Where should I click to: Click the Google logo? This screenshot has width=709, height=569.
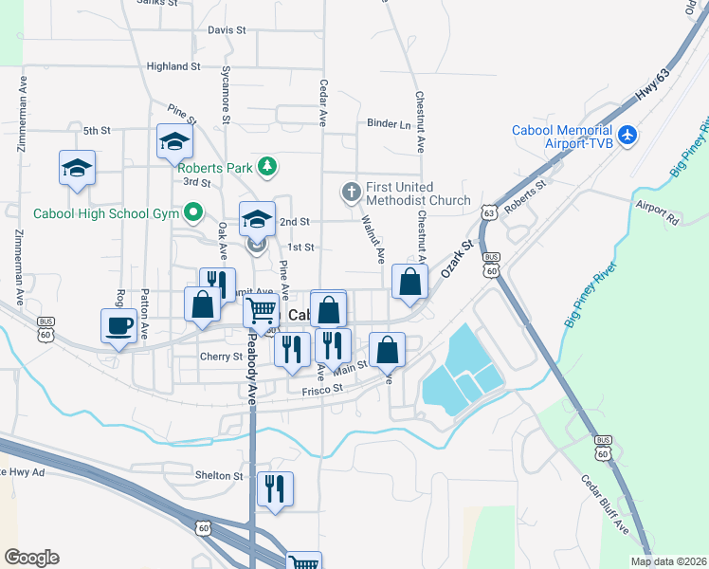click(x=31, y=558)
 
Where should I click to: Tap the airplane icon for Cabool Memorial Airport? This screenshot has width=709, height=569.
click(x=627, y=136)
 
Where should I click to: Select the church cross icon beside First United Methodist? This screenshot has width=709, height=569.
click(x=351, y=193)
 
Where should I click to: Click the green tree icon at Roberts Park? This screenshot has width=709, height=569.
click(x=268, y=168)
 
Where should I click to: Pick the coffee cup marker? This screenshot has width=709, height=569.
click(x=118, y=326)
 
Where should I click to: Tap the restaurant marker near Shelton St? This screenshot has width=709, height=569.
click(x=275, y=489)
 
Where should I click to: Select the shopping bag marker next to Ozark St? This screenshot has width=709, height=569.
click(x=409, y=282)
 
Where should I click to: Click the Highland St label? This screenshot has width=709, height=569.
click(x=173, y=66)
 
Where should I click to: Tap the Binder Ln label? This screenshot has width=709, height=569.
click(x=390, y=123)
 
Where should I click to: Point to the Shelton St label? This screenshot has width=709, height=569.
click(x=220, y=475)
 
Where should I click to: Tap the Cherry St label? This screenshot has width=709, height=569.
click(x=222, y=357)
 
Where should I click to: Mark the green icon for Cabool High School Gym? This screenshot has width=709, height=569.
click(x=194, y=213)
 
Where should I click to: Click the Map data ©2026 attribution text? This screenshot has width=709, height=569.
click(x=668, y=561)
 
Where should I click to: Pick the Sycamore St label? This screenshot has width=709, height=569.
click(x=226, y=95)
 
